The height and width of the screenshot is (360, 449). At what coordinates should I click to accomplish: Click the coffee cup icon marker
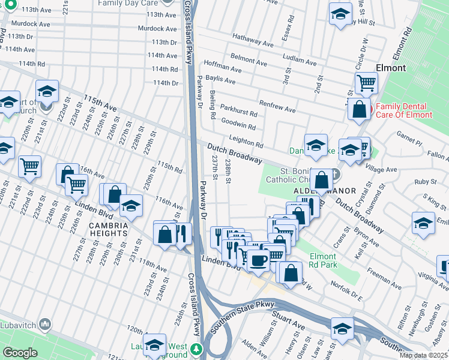(259, 261)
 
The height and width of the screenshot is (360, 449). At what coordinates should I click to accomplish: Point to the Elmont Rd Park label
(324, 260)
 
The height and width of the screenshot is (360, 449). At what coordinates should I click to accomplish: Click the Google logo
(20, 353)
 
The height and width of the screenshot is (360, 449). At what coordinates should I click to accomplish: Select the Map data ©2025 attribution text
(423, 355)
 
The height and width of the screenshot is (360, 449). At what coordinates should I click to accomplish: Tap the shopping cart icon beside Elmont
(366, 83)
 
